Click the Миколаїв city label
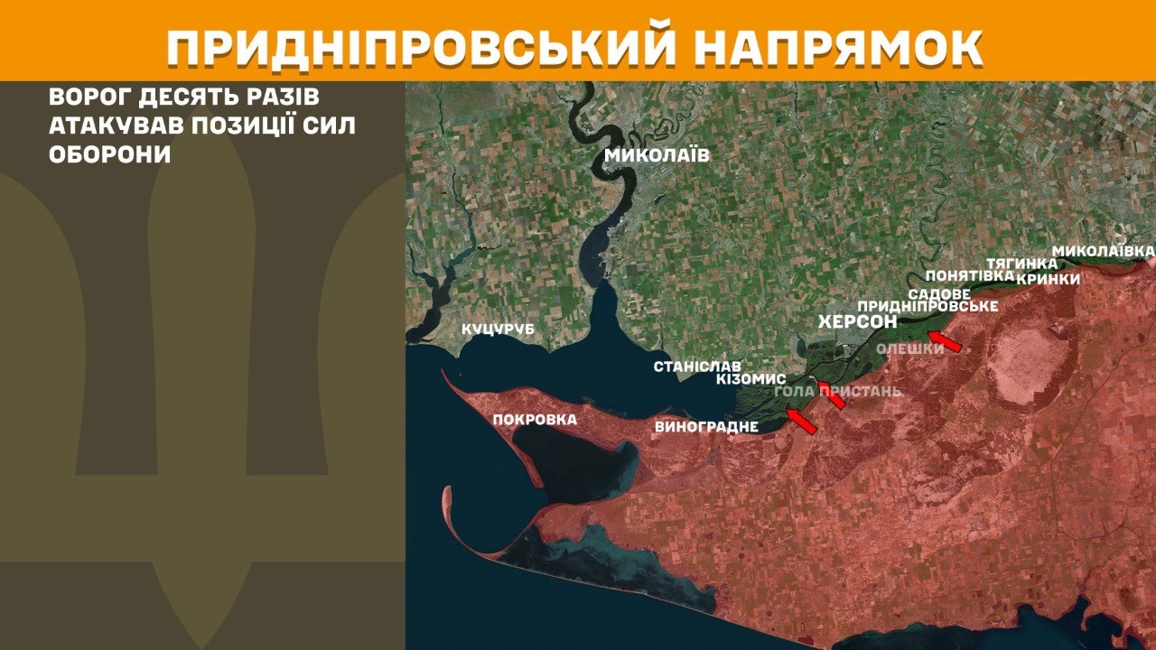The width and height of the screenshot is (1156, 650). (657, 155)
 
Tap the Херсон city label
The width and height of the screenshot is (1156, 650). (857, 321)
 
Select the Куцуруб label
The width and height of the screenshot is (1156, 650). (498, 330)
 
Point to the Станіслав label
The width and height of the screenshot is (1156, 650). (697, 367)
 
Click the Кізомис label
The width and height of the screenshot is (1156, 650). (750, 379)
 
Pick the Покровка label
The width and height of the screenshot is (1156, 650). (535, 419)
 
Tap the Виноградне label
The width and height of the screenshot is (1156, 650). (707, 426)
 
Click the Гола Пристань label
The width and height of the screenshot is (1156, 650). (838, 391)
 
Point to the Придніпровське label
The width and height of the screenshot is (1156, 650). (928, 307)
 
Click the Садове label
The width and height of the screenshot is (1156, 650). (939, 294)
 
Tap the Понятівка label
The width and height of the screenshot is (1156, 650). (964, 275)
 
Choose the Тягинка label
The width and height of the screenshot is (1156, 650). (1021, 263)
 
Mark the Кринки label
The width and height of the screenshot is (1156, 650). (1048, 279)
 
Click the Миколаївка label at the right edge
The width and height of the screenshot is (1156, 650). (1104, 249)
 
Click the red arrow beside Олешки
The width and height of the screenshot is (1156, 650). (946, 341)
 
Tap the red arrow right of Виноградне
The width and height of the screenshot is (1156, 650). (801, 421)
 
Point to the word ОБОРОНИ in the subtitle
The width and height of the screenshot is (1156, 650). (110, 153)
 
